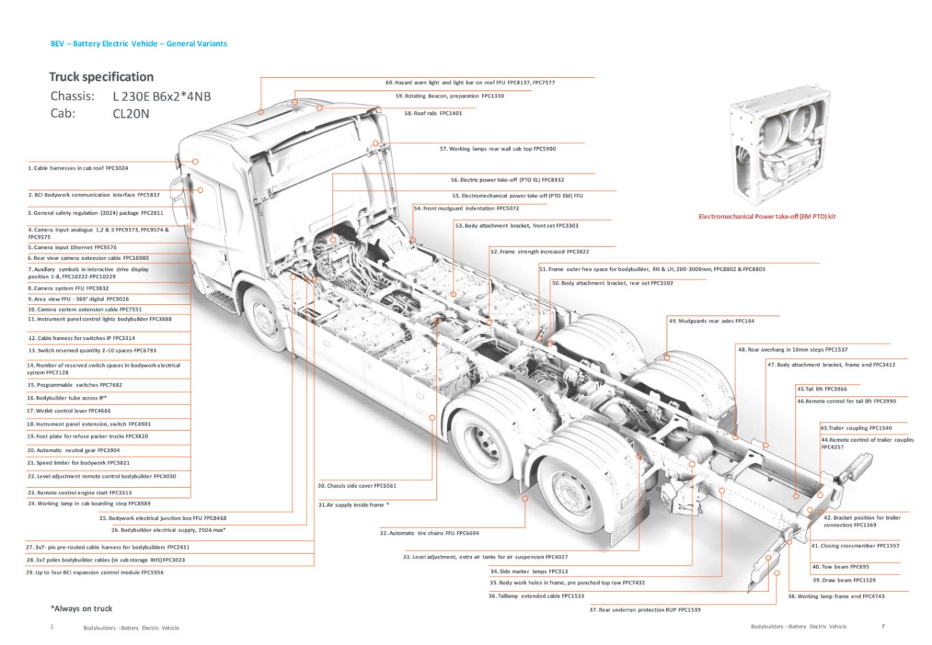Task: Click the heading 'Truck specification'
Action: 101,77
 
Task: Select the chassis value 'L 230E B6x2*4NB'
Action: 162,96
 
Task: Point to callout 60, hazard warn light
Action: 470,83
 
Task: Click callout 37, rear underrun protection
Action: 644,609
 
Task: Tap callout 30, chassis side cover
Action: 357,486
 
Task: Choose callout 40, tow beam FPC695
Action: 840,566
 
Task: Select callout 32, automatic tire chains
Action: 429,533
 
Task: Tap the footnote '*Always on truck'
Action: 81,609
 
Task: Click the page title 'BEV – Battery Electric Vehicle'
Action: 138,44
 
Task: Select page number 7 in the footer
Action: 882,627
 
